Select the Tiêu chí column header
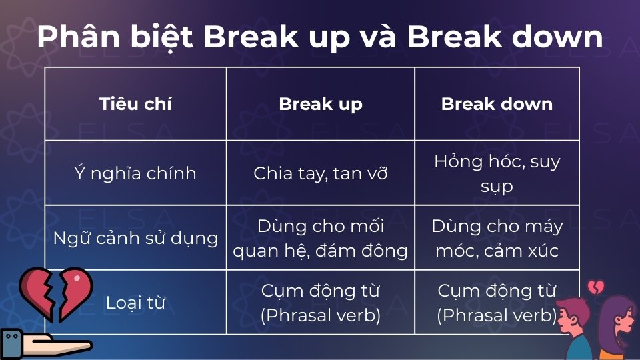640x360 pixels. [135, 104]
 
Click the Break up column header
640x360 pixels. [321, 104]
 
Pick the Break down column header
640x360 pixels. [497, 104]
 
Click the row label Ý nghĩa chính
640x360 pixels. [135, 173]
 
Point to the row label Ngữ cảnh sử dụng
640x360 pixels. [135, 238]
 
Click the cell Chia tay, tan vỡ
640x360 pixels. [321, 173]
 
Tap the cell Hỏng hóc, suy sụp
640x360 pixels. [497, 173]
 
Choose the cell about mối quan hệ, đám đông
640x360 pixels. [321, 238]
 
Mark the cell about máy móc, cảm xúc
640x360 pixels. [497, 238]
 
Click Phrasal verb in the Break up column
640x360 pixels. [321, 315]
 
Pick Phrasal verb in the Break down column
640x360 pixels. [497, 315]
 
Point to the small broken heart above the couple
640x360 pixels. [595, 287]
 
